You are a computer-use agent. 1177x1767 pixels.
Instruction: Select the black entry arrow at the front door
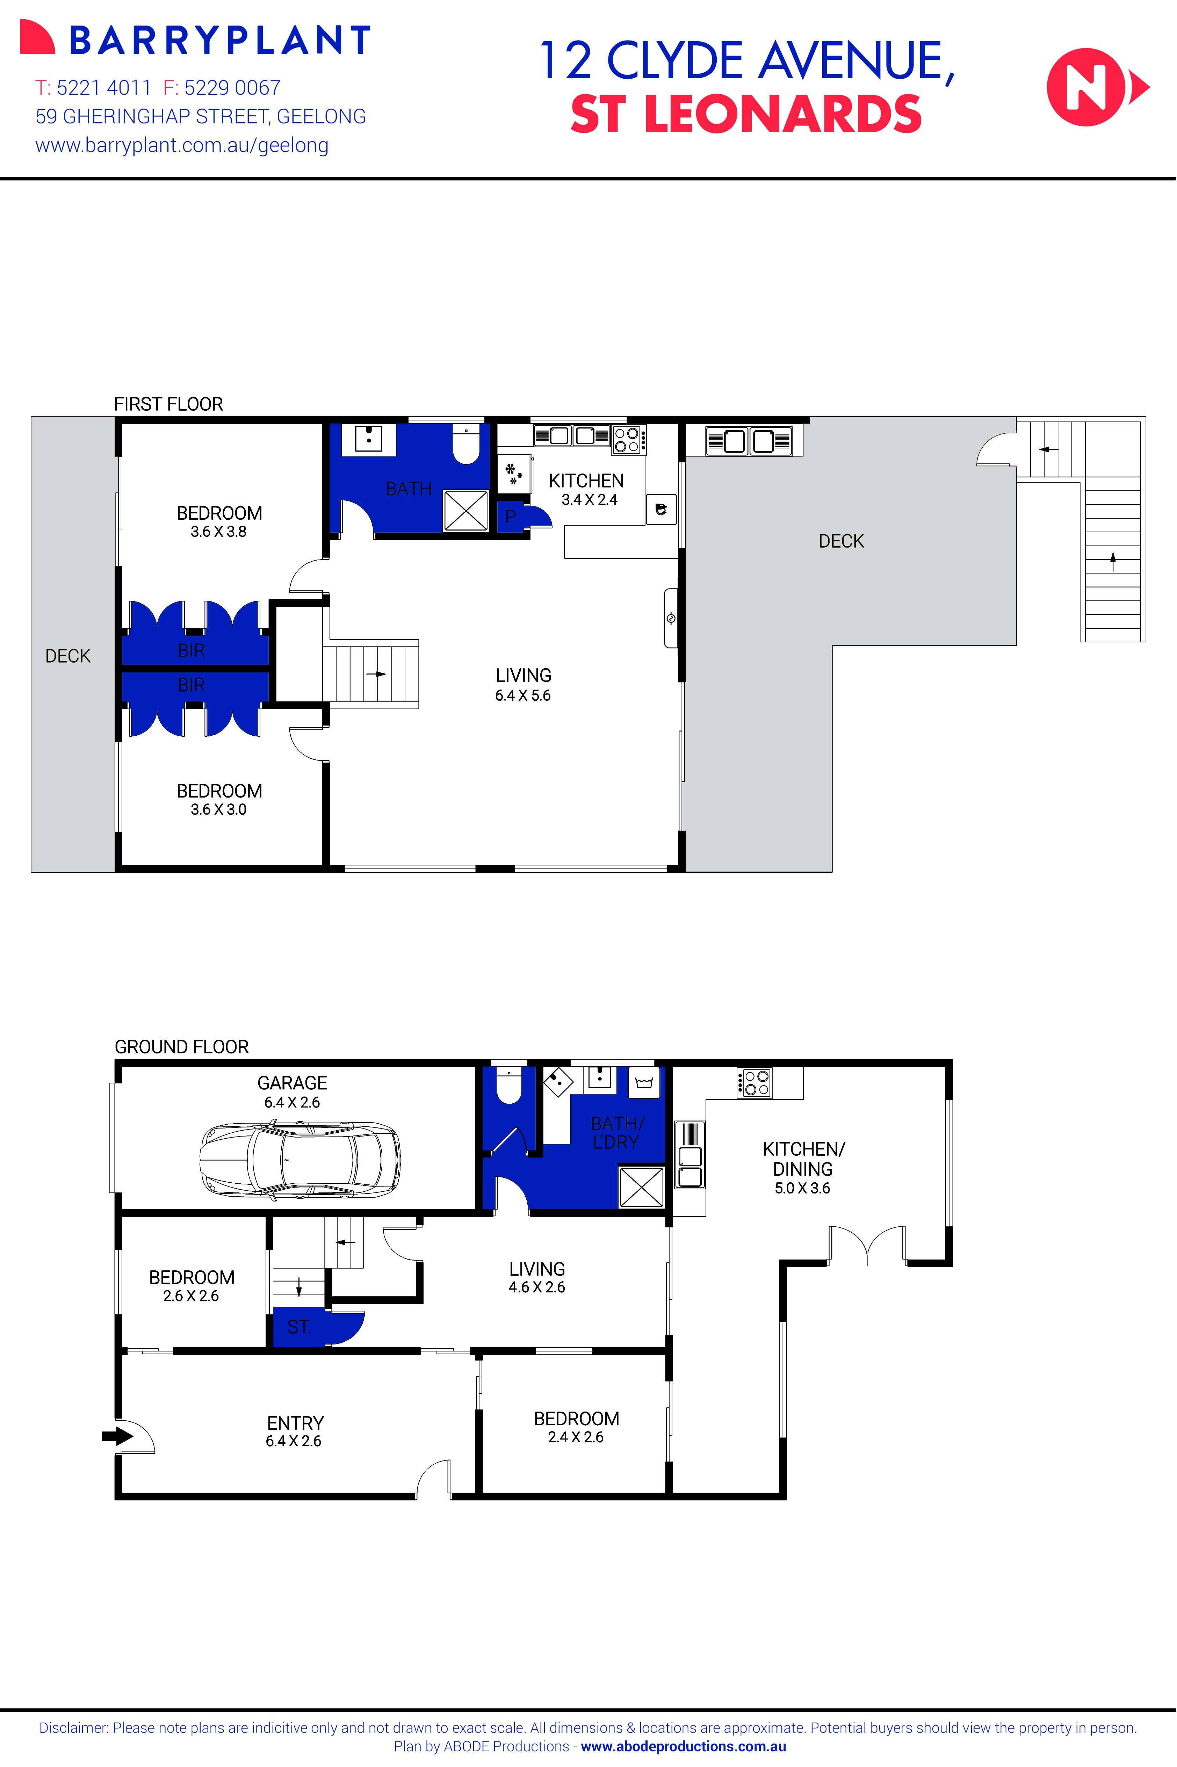click(116, 1436)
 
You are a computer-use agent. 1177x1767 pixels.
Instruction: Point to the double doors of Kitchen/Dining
click(867, 1246)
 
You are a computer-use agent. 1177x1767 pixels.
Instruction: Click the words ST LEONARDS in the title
click(745, 115)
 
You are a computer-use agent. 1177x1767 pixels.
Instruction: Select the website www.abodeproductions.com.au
click(683, 1746)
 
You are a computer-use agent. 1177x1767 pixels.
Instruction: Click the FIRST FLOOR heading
click(168, 404)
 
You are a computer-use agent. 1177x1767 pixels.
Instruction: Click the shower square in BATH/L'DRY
click(641, 1187)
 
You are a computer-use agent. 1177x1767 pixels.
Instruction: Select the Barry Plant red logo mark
click(37, 37)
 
